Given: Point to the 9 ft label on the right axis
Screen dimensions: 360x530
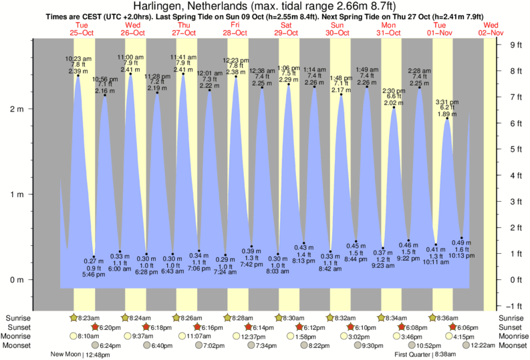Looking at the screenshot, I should (x=515, y=45).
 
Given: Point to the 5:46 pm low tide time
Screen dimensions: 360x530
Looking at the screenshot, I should (x=93, y=274).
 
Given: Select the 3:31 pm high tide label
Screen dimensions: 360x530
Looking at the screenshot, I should (x=446, y=102).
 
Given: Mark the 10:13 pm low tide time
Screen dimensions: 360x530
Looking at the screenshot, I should (x=460, y=255).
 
